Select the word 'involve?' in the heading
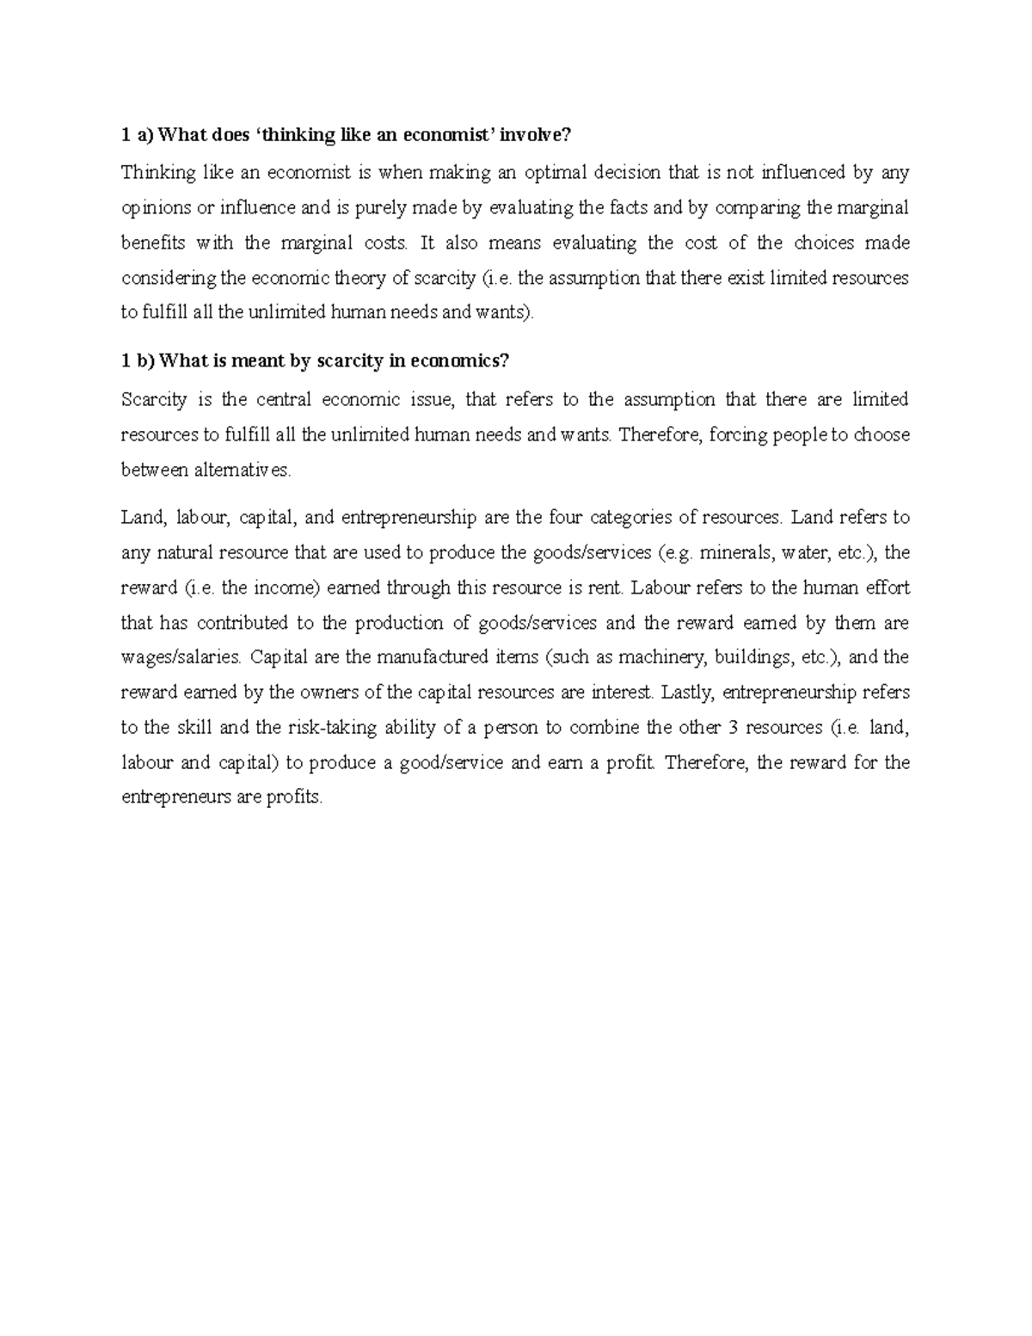[x=537, y=135]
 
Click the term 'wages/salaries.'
[x=181, y=658]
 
